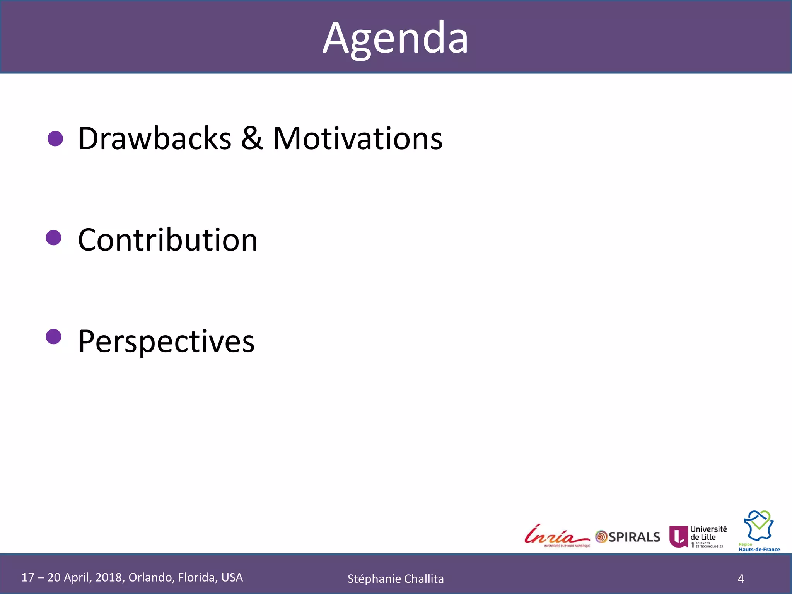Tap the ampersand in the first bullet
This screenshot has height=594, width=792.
252,138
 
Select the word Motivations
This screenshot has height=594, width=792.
358,138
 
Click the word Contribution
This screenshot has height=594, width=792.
167,240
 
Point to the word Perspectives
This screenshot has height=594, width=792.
166,341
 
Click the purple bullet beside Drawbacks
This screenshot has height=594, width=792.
55,138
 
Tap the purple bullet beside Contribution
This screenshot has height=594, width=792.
54,237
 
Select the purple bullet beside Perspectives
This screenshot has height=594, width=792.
54,336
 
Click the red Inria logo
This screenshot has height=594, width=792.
556,536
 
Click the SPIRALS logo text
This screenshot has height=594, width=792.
634,537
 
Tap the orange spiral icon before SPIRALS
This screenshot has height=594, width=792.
601,537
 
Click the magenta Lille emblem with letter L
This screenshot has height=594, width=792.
678,537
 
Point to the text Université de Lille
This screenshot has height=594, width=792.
708,533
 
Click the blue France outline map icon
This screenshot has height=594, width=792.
759,526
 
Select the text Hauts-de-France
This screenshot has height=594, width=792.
759,549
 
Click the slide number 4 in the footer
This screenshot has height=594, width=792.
741,579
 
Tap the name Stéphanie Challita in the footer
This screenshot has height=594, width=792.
395,579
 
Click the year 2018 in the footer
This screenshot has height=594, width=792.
109,577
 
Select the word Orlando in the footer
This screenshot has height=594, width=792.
151,577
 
